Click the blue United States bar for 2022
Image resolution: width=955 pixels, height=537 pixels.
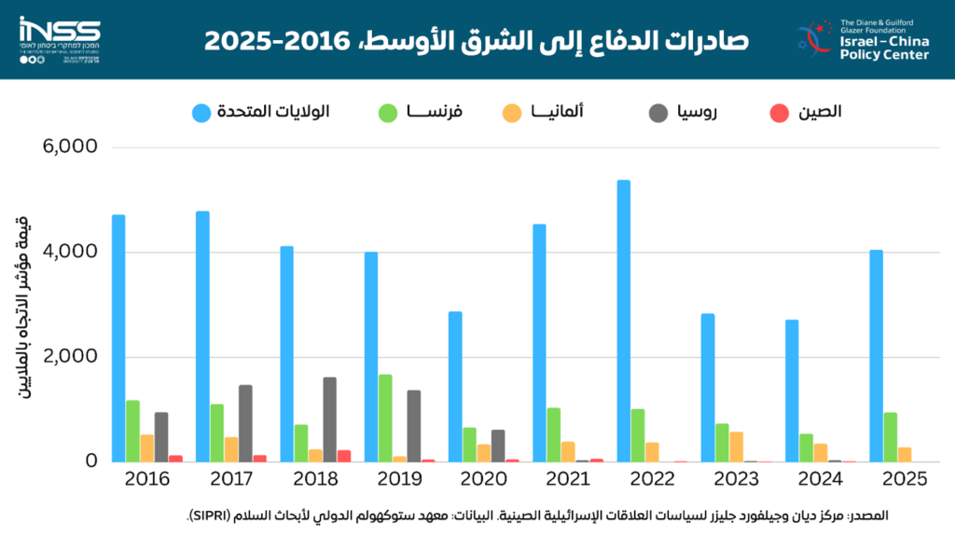click(624, 321)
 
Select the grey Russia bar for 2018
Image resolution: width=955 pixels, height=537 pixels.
click(329, 419)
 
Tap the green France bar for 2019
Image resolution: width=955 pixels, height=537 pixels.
click(385, 418)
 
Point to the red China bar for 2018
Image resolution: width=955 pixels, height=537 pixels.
click(343, 456)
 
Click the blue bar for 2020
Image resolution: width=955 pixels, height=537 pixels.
click(455, 386)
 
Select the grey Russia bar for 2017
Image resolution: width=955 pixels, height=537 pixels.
click(245, 422)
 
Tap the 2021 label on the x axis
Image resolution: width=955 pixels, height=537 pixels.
click(567, 479)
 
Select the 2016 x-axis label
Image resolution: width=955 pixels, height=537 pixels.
click(146, 479)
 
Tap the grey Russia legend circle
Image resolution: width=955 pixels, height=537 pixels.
click(657, 113)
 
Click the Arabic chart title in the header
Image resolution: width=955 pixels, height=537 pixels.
click(477, 41)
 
